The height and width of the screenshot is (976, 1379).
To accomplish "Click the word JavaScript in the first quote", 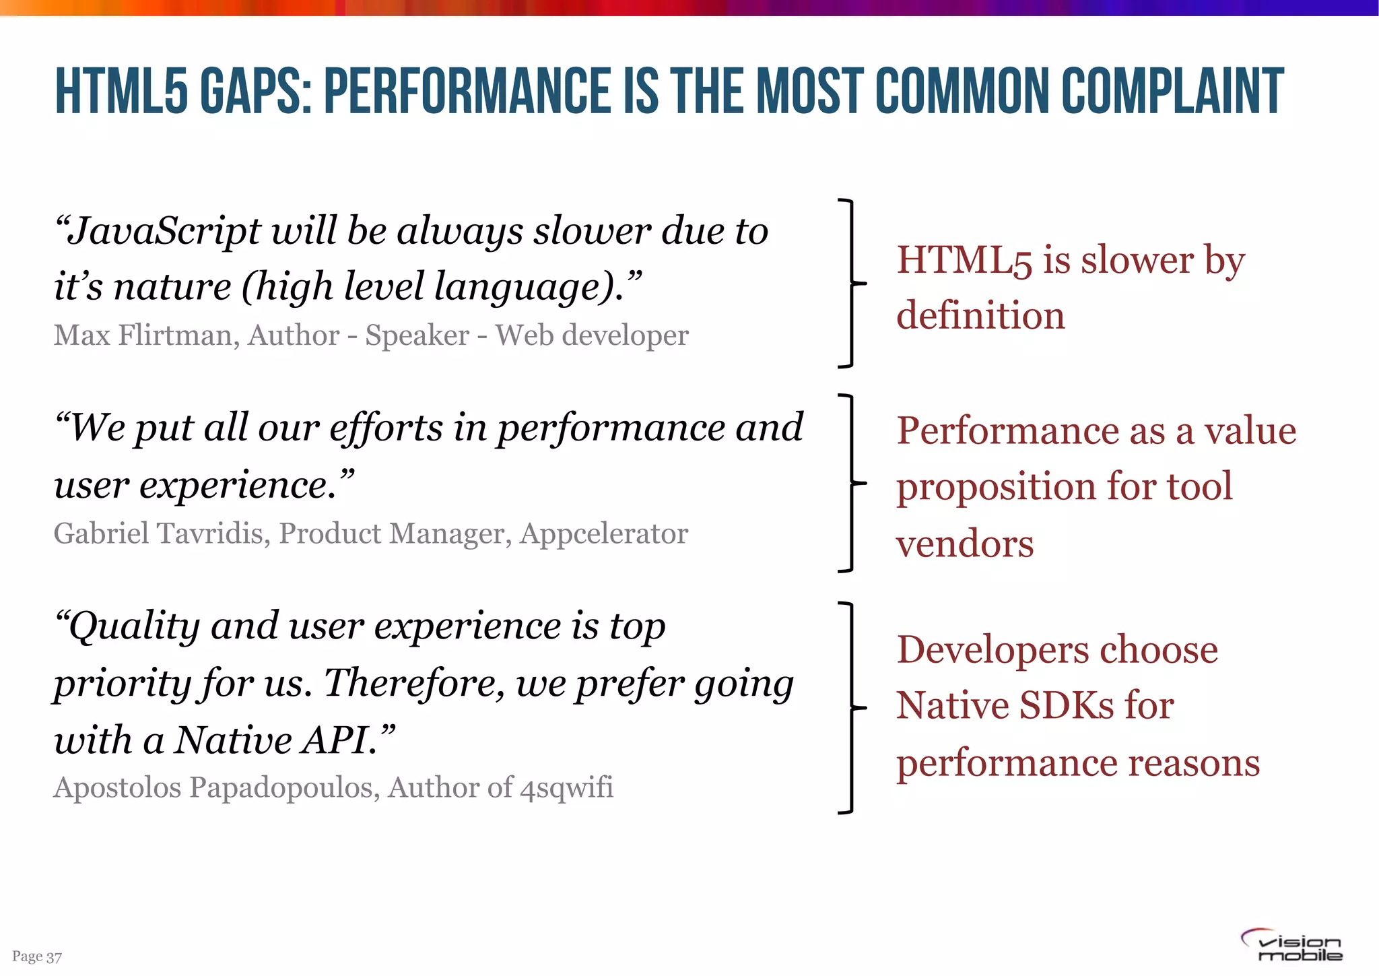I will click(164, 231).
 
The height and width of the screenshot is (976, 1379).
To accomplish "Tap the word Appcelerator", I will click(604, 533).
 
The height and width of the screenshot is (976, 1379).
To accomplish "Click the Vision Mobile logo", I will click(1291, 945).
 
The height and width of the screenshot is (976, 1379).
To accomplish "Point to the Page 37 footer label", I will click(37, 956).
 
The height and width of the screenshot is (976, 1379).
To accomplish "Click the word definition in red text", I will click(980, 315).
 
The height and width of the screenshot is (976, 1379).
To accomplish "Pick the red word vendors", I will click(964, 544).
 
